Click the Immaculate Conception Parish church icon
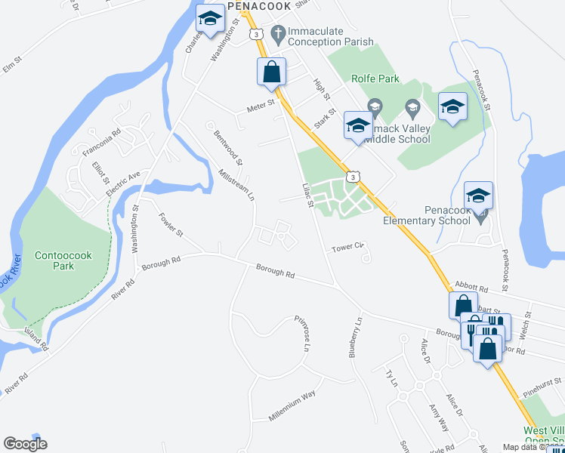278,32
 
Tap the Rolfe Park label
376,78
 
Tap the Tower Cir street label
348,247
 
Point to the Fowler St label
171,224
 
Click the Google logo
24,443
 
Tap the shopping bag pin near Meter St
271,72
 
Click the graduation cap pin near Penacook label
209,20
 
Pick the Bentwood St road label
227,148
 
